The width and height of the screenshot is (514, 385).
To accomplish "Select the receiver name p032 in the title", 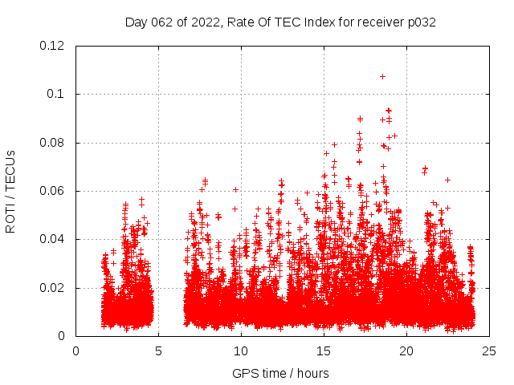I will pos(420,22).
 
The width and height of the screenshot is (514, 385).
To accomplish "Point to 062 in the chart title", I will pos(164,22).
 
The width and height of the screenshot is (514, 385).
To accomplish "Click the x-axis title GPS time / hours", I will pos(280,373).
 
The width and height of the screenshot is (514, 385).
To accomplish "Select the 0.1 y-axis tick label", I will pos(59,94).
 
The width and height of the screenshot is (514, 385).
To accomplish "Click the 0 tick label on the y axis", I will pos(65,336).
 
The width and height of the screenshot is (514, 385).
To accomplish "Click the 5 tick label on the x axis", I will pos(158,351).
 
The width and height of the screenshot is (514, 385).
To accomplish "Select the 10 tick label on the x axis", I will pos(241,351).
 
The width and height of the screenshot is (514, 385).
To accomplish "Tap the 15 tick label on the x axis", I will pos(324,351).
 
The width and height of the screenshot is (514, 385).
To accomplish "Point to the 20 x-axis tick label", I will pos(406,351).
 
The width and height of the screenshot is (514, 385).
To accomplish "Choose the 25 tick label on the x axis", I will pos(489,351).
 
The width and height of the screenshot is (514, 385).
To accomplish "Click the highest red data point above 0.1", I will pos(382,76).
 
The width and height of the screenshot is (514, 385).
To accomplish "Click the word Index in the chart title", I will pos(322,22).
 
